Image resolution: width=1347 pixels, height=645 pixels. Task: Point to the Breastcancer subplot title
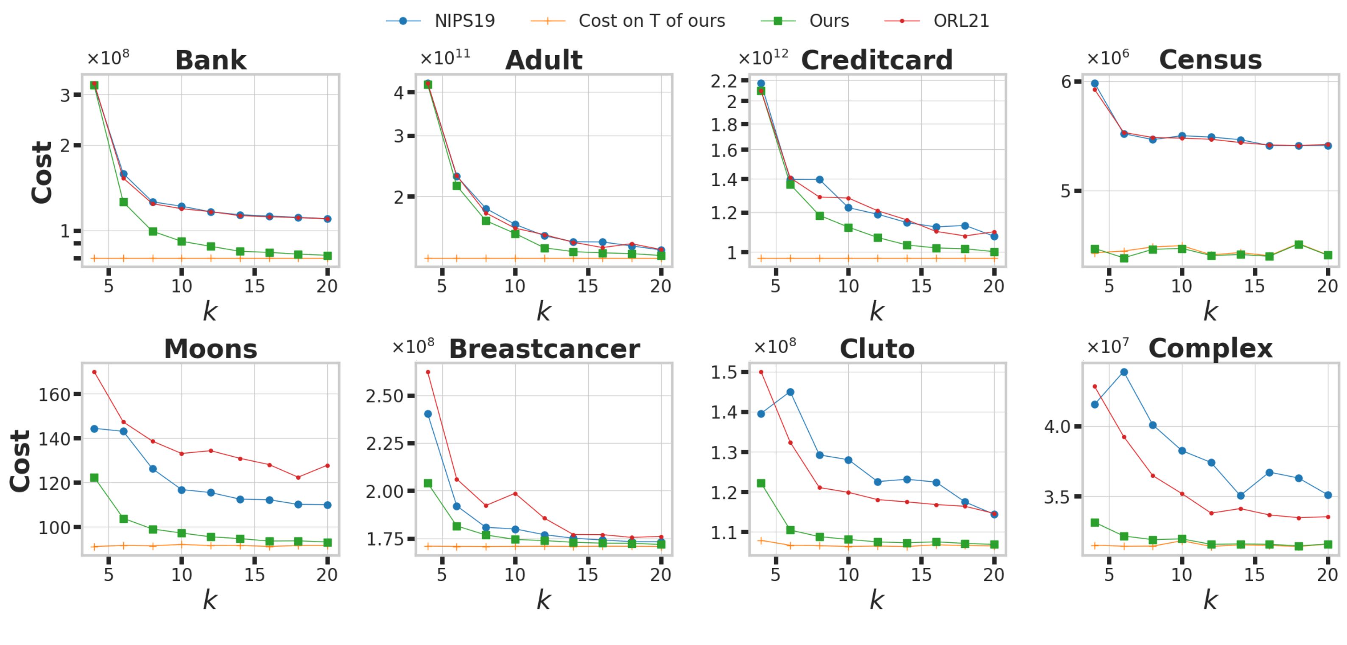544,349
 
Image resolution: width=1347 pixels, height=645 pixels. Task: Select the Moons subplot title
210,349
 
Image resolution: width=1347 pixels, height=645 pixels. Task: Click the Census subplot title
1210,60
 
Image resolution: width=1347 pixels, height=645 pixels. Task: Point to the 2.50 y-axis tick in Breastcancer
384,396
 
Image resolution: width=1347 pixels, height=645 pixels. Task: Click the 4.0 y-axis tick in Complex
1057,427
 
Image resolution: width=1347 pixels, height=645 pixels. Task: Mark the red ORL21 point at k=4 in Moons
94,372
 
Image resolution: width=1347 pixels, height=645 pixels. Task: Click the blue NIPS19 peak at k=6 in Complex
1124,372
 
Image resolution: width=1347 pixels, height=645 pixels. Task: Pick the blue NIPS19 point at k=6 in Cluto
790,392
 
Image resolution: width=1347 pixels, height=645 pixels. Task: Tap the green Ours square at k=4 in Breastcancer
428,483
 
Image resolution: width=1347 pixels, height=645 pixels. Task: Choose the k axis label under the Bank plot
210,312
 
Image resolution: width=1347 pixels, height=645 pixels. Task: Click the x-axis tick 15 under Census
1254,286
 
